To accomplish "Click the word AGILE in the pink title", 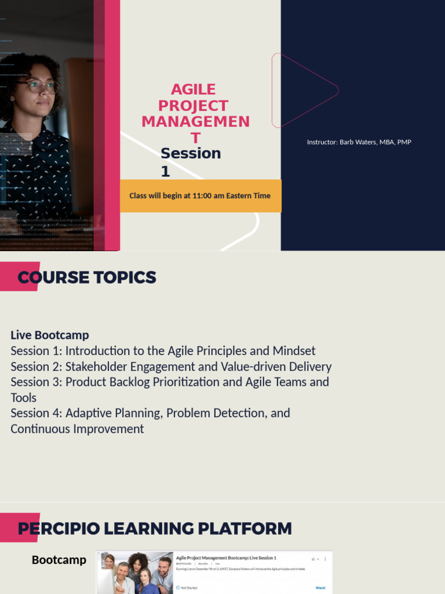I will pyautogui.click(x=194, y=89).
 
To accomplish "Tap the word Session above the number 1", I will pyautogui.click(x=191, y=153).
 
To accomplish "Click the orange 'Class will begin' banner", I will pyautogui.click(x=200, y=195).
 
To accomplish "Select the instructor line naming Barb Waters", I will pyautogui.click(x=359, y=142).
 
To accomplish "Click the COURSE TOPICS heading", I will pyautogui.click(x=87, y=277).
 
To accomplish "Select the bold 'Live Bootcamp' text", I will pyautogui.click(x=50, y=335).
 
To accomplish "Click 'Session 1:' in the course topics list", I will pyautogui.click(x=36, y=351).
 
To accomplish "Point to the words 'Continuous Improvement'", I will pyautogui.click(x=77, y=429).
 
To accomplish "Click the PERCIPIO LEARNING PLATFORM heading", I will pyautogui.click(x=155, y=528).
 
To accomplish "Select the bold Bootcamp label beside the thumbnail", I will pyautogui.click(x=59, y=560).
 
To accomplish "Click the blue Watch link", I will pyautogui.click(x=320, y=588).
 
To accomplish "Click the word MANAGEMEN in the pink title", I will pyautogui.click(x=196, y=122).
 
